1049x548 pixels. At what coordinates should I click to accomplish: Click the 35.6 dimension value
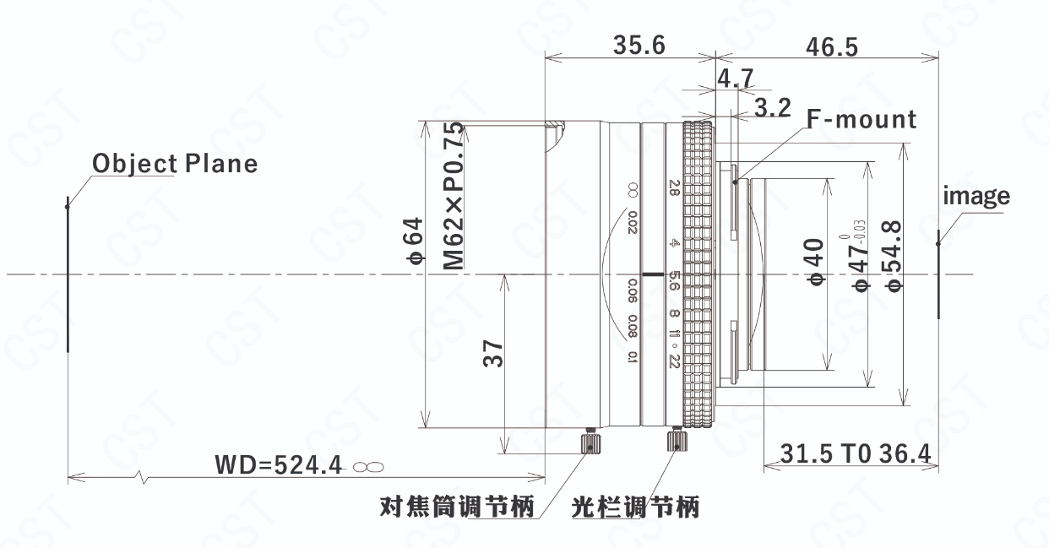point(639,46)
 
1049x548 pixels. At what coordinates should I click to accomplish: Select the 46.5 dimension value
point(832,47)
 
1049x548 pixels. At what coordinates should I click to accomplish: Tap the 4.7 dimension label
point(736,78)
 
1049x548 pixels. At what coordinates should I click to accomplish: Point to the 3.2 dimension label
point(773,107)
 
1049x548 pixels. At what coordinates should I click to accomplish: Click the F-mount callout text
point(861,119)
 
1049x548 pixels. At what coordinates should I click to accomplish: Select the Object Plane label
point(175,164)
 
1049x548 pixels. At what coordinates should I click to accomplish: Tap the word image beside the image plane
point(976,196)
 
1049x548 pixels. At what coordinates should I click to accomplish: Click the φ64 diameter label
point(414,241)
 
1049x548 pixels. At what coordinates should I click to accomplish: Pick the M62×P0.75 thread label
point(454,196)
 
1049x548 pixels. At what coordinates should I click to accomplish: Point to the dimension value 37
point(493,353)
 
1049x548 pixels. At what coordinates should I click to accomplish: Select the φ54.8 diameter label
point(892,256)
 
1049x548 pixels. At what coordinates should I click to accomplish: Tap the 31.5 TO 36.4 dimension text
point(856,453)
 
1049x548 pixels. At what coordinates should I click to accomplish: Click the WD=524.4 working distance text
point(279,465)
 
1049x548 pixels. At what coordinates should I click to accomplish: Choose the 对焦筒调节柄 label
point(457,507)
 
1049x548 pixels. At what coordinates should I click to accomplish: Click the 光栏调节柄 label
point(635,507)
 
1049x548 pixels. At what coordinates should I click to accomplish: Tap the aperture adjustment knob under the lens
point(677,439)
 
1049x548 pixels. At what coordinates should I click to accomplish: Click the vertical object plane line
point(68,274)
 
